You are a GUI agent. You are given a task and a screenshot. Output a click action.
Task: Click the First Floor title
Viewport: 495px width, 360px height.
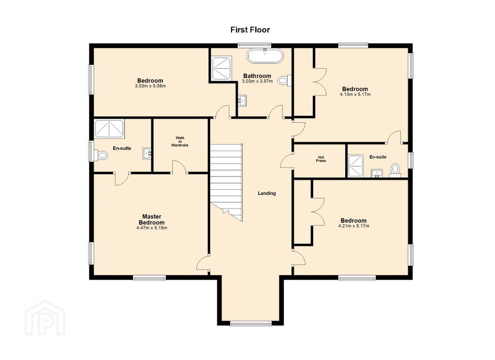point(250,30)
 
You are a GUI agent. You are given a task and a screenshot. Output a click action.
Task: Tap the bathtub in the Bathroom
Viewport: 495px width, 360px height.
point(265,56)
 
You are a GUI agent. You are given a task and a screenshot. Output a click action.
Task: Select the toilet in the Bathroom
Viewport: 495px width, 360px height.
point(284,80)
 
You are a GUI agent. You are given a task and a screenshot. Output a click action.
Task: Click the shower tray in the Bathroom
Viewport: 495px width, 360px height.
point(221,68)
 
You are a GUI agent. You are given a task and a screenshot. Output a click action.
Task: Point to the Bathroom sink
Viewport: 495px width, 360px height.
point(242,101)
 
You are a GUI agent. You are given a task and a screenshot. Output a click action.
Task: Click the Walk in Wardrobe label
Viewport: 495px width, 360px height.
point(180,142)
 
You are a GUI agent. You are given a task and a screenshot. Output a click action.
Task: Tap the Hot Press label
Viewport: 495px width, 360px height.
point(321,159)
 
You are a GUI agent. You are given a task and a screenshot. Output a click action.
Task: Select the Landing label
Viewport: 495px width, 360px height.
point(267,193)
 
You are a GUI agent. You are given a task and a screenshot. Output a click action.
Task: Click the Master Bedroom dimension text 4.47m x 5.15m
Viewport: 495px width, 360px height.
point(152,227)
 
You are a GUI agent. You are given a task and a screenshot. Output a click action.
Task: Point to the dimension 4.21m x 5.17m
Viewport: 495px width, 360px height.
point(353,226)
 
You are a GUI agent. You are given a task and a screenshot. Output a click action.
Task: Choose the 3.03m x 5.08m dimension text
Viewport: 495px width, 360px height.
point(150,86)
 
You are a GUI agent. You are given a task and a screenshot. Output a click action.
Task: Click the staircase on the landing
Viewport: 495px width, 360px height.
point(227,183)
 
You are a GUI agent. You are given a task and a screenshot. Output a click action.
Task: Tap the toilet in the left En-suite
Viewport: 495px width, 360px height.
point(102,155)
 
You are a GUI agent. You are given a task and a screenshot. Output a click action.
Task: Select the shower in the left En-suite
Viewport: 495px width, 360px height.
point(110,128)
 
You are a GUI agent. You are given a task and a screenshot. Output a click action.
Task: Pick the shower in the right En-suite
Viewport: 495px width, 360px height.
point(356,165)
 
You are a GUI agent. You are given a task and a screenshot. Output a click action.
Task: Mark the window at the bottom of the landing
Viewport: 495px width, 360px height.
point(251,323)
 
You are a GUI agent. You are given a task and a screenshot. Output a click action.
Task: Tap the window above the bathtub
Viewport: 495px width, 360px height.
point(254,45)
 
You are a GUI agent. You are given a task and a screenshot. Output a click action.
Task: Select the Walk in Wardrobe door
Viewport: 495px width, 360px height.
point(179,166)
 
